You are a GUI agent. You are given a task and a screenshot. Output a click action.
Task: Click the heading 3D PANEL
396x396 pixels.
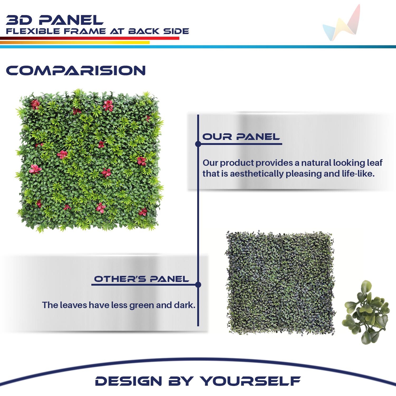coord(55,20)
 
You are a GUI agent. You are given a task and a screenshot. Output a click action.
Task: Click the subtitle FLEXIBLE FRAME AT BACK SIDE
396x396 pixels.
coord(97,31)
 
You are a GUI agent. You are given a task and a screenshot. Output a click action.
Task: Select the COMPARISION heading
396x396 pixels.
coord(76,70)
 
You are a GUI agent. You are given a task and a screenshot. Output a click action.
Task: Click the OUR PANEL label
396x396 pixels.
coord(241,137)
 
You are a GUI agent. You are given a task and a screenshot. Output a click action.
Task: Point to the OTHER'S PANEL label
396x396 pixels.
coord(142,279)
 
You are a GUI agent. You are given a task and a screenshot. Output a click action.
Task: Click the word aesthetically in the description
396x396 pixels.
coord(257,174)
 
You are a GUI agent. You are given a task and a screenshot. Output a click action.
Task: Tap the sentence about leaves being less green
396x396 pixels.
coord(119,305)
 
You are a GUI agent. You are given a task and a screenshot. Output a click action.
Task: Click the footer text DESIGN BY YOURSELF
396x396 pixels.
coord(198,381)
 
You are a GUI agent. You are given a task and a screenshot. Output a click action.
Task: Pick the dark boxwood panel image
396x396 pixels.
coord(280,283)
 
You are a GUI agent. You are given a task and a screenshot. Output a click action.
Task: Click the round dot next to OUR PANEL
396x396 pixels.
coord(198,144)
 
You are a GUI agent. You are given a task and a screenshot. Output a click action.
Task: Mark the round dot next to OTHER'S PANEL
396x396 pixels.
coord(198,285)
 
